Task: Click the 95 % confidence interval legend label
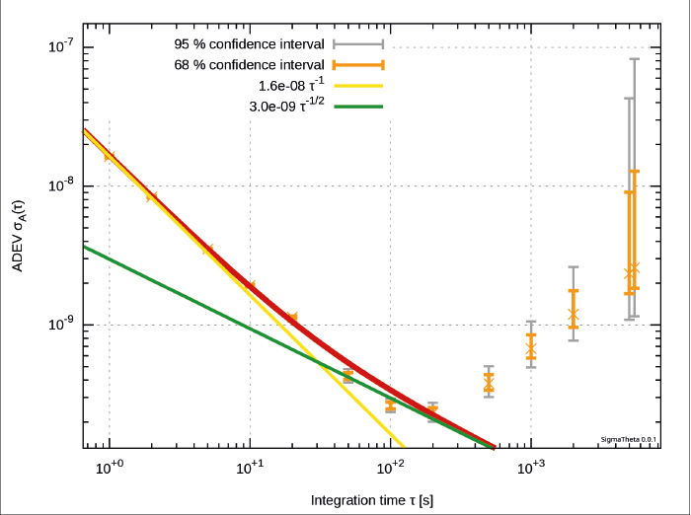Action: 250,45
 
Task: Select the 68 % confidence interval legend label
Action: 250,65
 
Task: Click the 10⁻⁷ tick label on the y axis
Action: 65,46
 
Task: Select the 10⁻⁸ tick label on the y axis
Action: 65,185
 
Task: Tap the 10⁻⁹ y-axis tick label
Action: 65,325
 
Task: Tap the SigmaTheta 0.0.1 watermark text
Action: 629,439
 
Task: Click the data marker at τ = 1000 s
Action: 531,349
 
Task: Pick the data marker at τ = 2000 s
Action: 574,315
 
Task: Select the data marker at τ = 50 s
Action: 348,376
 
